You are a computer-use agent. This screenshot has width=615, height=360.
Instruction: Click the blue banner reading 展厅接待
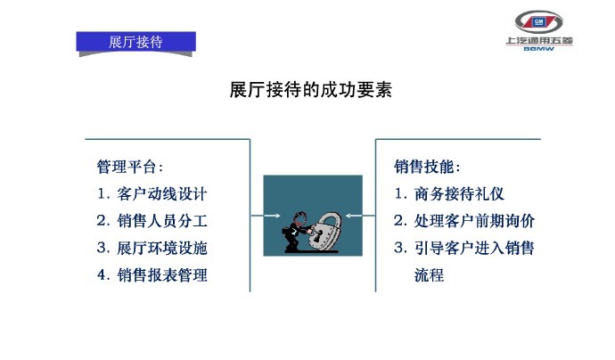(135, 42)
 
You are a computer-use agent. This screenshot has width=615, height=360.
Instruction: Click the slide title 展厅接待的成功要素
(311, 90)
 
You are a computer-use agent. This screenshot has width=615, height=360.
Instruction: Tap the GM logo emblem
(538, 22)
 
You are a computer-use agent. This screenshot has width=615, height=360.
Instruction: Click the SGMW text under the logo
(539, 49)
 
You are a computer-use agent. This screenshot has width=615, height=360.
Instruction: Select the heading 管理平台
(130, 167)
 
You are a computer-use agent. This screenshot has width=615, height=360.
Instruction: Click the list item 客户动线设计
(161, 193)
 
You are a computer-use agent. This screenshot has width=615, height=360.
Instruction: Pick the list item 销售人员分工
(161, 221)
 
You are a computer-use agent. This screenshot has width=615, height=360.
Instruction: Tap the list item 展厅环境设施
(161, 248)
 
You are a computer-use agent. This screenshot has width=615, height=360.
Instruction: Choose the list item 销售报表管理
(161, 275)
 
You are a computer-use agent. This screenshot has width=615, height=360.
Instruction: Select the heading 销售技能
(427, 167)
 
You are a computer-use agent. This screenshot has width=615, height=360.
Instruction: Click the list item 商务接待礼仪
(459, 193)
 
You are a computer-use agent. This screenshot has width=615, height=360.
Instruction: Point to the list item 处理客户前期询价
(474, 221)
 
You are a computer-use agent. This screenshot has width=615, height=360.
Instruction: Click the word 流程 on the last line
(429, 275)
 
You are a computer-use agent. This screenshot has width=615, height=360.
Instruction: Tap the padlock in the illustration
(324, 232)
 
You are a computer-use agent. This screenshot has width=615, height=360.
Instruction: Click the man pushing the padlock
(296, 233)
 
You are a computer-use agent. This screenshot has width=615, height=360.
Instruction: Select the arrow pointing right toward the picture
(266, 216)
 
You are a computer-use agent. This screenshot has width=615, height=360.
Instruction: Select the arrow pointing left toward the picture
(360, 216)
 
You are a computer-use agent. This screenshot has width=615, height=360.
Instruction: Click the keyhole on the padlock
(317, 235)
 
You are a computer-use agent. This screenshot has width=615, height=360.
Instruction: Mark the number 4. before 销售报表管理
(103, 275)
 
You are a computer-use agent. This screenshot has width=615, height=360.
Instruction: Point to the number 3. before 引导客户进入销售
(400, 248)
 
